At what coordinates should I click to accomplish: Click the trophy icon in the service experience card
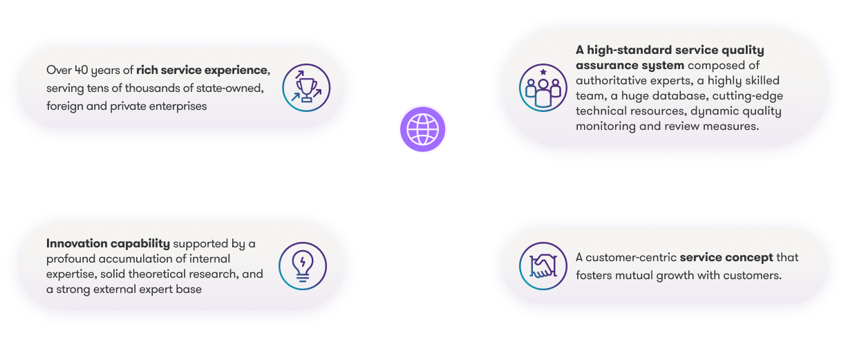tap(307, 88)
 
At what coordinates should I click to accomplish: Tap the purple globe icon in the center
tap(423, 129)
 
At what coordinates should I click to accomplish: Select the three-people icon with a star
tap(543, 88)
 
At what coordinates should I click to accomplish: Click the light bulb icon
tap(302, 266)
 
